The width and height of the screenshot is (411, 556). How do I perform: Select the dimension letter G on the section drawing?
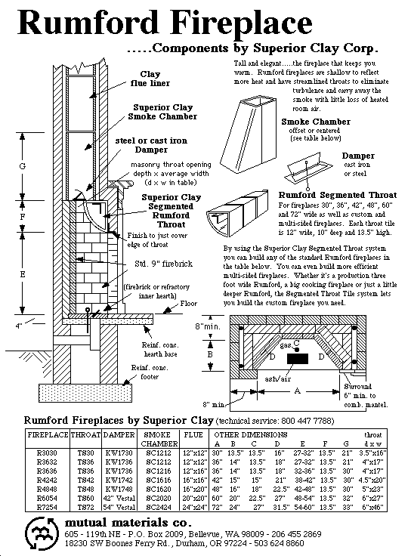coord(23,165)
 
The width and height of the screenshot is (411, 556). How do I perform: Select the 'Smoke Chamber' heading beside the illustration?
coord(316,121)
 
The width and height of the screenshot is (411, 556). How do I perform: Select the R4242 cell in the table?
coord(47,480)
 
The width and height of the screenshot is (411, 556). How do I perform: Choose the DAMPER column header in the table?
coord(115,437)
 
